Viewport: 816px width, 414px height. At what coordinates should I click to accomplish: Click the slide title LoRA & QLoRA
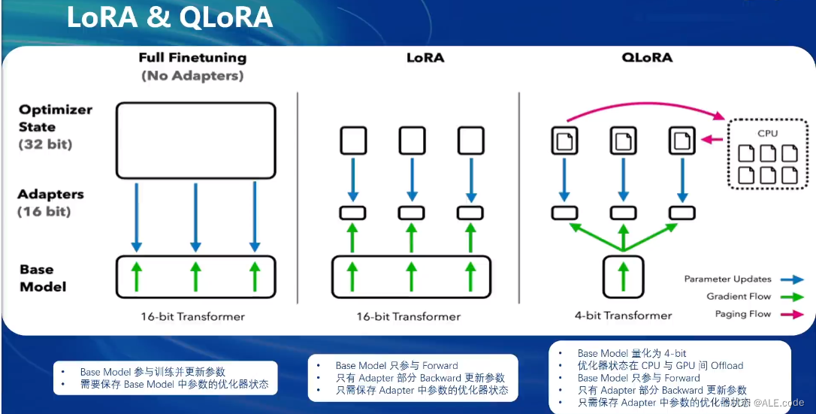(x=169, y=18)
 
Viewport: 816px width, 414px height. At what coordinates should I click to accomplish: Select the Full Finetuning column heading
(x=192, y=58)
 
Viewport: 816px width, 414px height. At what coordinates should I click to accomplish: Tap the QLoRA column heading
(x=646, y=58)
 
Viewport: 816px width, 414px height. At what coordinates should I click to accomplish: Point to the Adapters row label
(x=50, y=195)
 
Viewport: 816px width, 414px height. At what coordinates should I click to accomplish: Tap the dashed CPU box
(x=767, y=154)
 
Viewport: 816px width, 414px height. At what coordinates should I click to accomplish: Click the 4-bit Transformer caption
(x=623, y=316)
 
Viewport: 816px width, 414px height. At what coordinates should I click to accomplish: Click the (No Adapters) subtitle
(x=192, y=76)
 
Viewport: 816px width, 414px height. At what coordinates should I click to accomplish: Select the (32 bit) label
(x=44, y=144)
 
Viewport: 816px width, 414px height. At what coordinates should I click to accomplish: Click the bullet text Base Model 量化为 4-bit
(x=632, y=353)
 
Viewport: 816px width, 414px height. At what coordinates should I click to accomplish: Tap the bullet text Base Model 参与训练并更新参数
(x=153, y=372)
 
